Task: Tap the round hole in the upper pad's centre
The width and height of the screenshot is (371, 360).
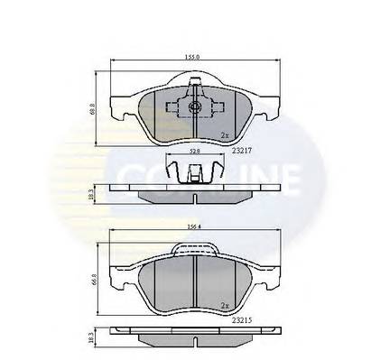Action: point(194,108)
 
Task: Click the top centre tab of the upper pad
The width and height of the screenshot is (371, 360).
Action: point(194,88)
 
